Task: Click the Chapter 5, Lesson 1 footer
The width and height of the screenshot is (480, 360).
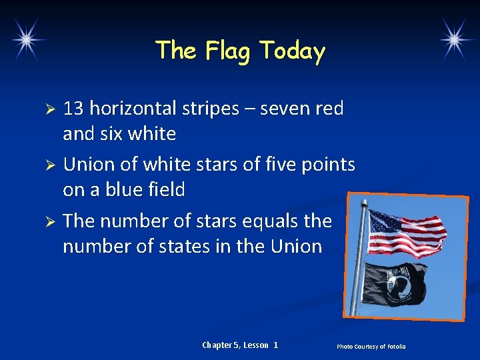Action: tap(240, 345)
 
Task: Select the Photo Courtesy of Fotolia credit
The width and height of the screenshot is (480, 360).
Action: tap(371, 346)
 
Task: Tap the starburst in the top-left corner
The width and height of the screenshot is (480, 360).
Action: tap(26, 38)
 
